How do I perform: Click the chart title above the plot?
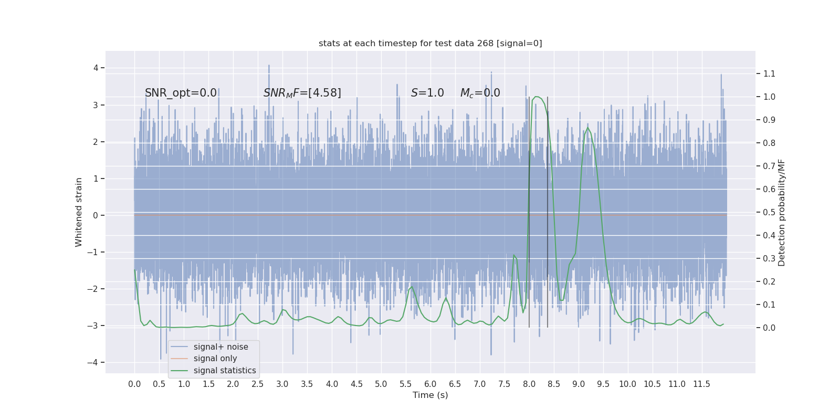pos(430,44)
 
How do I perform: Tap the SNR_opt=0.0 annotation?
pos(181,93)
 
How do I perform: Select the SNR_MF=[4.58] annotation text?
pos(302,93)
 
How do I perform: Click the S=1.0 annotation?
pos(427,93)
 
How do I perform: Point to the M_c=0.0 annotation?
pos(480,93)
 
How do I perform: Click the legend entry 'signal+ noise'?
pos(220,347)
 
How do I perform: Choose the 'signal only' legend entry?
pos(215,359)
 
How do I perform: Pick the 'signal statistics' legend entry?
pos(225,371)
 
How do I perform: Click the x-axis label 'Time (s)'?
pos(430,395)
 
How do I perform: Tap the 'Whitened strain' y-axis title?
pos(79,212)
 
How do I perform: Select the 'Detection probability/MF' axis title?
pos(782,213)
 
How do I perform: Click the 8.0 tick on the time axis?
pos(529,384)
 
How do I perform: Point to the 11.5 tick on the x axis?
pos(701,384)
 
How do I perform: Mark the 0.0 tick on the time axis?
pos(134,384)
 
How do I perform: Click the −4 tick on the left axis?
pos(95,362)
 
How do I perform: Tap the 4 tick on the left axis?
pos(96,68)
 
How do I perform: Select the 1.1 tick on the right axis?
pos(769,73)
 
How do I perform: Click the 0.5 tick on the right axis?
pos(769,212)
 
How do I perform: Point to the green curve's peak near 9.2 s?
pos(587,128)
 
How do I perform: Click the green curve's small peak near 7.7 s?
pos(514,255)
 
